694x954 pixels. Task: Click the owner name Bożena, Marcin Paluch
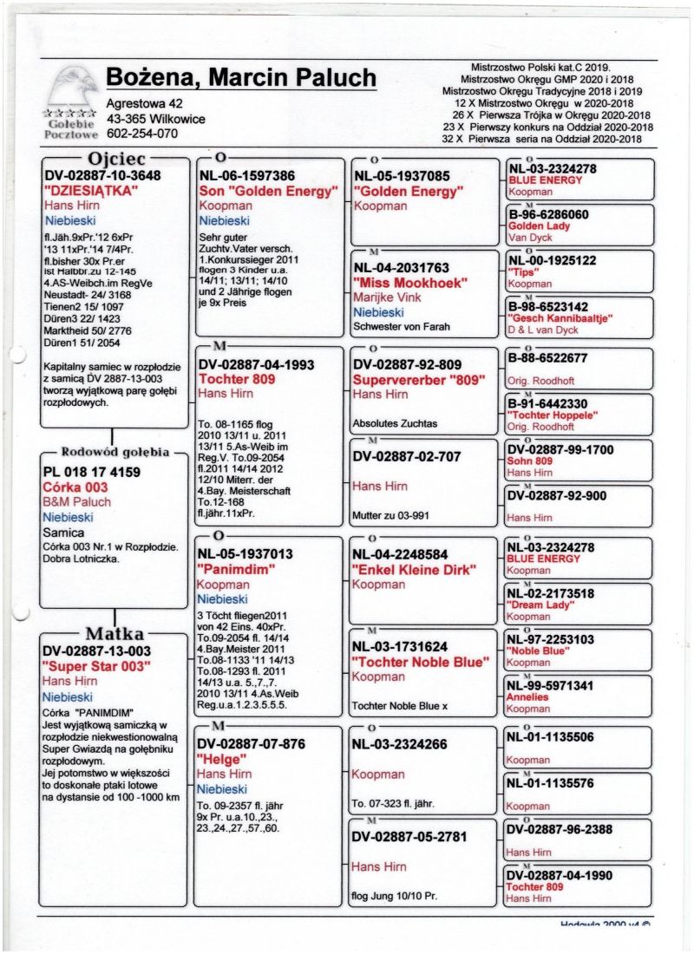[x=240, y=78]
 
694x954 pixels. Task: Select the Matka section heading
[x=115, y=633]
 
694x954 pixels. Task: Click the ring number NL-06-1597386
[x=246, y=175]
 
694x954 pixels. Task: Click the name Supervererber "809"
[x=419, y=380]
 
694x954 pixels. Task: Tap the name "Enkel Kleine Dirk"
[x=416, y=569]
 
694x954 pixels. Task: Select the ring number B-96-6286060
[x=548, y=214]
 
